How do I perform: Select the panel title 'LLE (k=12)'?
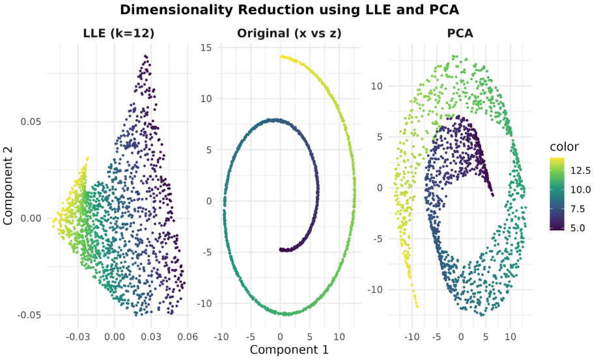[120, 33]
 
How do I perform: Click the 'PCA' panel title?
[460, 33]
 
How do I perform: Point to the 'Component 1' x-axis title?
[289, 350]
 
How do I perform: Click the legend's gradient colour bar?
[555, 194]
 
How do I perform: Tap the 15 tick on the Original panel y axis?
[206, 48]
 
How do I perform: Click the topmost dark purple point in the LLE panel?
[145, 56]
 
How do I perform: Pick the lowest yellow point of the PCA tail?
[417, 307]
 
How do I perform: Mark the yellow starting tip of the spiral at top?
[281, 57]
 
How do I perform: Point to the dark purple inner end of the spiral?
[281, 249]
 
